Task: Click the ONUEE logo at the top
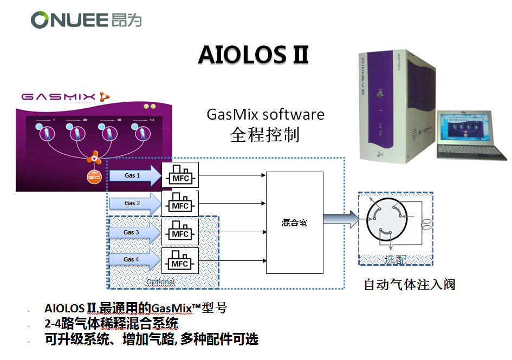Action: pyautogui.click(x=86, y=20)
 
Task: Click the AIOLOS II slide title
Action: pyautogui.click(x=253, y=55)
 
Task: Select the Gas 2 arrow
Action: pyautogui.click(x=135, y=204)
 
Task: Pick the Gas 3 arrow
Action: pyautogui.click(x=134, y=233)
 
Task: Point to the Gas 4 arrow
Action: pyautogui.click(x=134, y=260)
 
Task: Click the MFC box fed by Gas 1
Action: pyautogui.click(x=180, y=175)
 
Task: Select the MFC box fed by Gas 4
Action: pyautogui.click(x=180, y=261)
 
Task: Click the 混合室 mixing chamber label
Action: pyautogui.click(x=294, y=222)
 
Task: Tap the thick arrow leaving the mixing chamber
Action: pyautogui.click(x=341, y=219)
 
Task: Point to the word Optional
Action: pyautogui.click(x=160, y=282)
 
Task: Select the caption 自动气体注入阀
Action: pyautogui.click(x=409, y=285)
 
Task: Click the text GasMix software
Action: pyautogui.click(x=265, y=115)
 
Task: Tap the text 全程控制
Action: pyautogui.click(x=265, y=134)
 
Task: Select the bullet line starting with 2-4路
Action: pyautogui.click(x=111, y=324)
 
